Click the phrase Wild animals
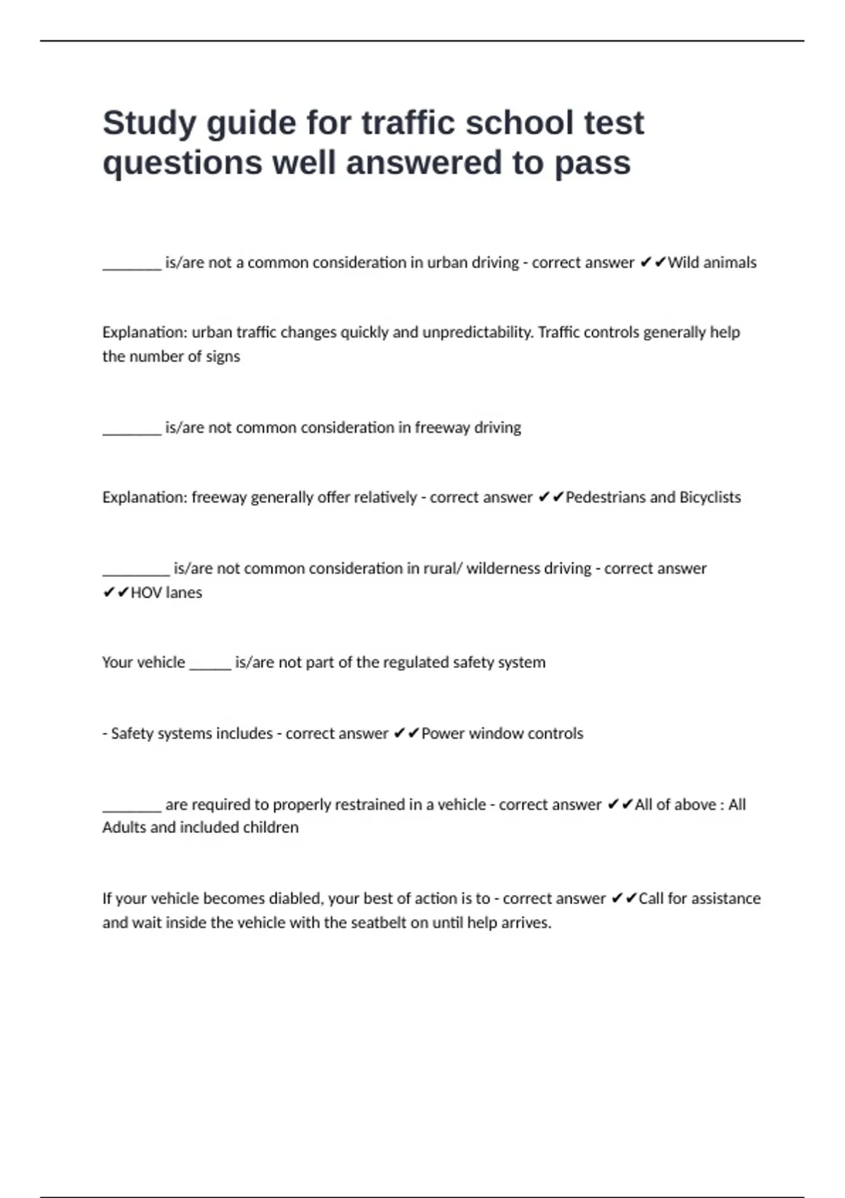[712, 263]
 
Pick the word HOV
[146, 593]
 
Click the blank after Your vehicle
[210, 664]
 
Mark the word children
[270, 827]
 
